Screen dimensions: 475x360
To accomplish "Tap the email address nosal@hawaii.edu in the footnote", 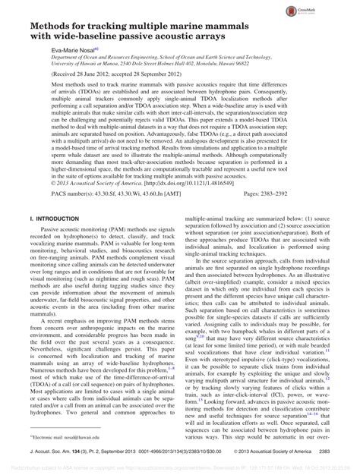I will pos(93,437).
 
